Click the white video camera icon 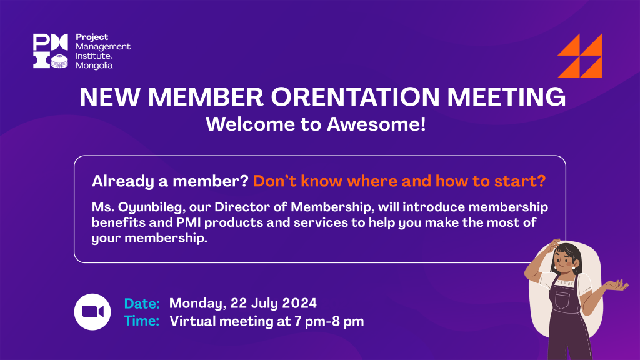[x=92, y=312]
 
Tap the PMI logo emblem [x=51, y=51]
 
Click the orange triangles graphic [x=580, y=56]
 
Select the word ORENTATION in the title [x=355, y=97]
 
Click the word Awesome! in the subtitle [x=376, y=124]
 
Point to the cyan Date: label [x=142, y=304]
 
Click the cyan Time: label [x=142, y=321]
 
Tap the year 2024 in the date [x=299, y=303]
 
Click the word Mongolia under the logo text [x=94, y=66]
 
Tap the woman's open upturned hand [x=616, y=285]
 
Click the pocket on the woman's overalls [x=562, y=300]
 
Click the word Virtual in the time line [x=192, y=322]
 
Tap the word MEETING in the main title [x=506, y=97]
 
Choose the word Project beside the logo [x=92, y=37]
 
